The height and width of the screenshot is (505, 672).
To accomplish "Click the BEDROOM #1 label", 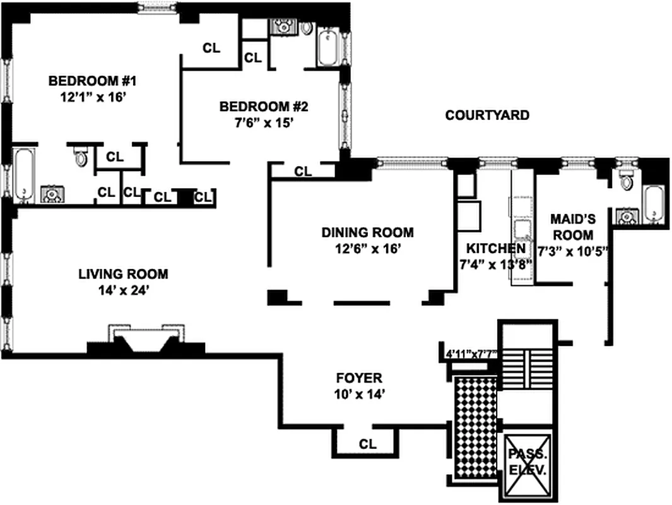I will (93, 81).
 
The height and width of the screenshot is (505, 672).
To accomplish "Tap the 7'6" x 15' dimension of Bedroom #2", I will (262, 123).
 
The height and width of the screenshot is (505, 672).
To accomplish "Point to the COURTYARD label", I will (486, 116).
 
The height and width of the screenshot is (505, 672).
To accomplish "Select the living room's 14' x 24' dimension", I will (123, 291).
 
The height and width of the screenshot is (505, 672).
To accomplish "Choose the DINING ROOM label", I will (367, 232).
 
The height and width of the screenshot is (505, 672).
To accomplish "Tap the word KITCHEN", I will (495, 248).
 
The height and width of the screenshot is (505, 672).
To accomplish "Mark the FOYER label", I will (358, 378).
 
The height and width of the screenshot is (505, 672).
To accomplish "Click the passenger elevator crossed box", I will (528, 463).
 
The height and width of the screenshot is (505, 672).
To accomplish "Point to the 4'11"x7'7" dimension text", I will (471, 354).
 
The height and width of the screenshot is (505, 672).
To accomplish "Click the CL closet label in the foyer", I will (367, 444).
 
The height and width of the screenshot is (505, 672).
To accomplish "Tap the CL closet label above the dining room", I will (304, 171).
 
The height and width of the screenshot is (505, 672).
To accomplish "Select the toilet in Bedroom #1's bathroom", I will (81, 156).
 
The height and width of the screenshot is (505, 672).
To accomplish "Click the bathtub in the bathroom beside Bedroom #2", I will (328, 48).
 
